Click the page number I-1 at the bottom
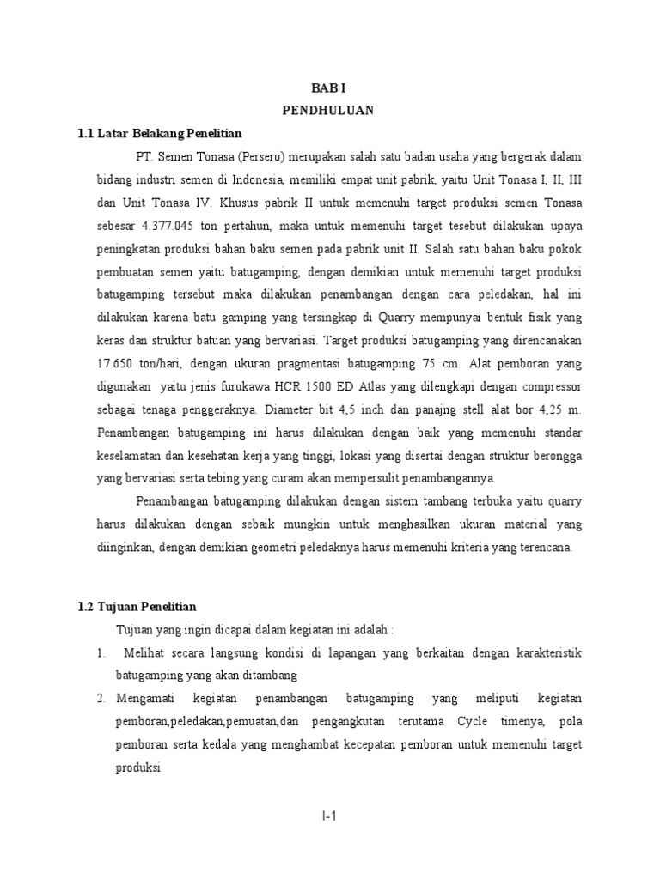point(329,816)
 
